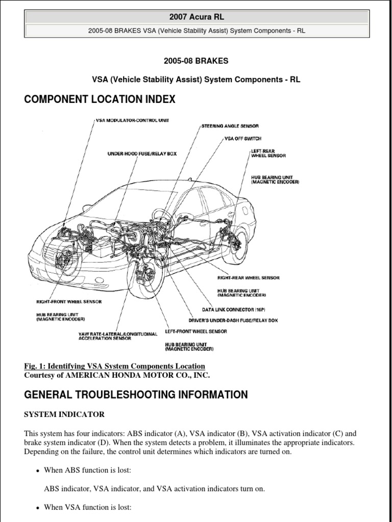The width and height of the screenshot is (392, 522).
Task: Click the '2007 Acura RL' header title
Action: (197, 17)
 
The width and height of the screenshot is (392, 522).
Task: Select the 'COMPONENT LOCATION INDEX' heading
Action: (100, 99)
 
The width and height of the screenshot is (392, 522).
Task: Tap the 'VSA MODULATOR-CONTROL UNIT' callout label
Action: (132, 121)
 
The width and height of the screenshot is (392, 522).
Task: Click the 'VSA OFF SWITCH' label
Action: (243, 138)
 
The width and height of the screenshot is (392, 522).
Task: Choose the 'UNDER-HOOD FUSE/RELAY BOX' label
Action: (142, 153)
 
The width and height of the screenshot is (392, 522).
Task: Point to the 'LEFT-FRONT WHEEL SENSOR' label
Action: (196, 331)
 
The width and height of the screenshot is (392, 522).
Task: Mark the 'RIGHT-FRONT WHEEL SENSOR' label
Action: (69, 302)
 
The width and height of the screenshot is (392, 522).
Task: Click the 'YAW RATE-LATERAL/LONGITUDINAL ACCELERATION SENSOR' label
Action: (117, 336)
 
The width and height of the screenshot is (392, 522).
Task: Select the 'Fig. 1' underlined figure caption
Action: (114, 366)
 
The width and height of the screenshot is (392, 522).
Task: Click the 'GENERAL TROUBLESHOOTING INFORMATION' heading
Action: (136, 395)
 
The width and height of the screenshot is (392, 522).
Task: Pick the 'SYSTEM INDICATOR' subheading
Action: (64, 414)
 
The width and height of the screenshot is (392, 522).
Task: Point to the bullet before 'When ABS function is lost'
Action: (38, 471)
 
